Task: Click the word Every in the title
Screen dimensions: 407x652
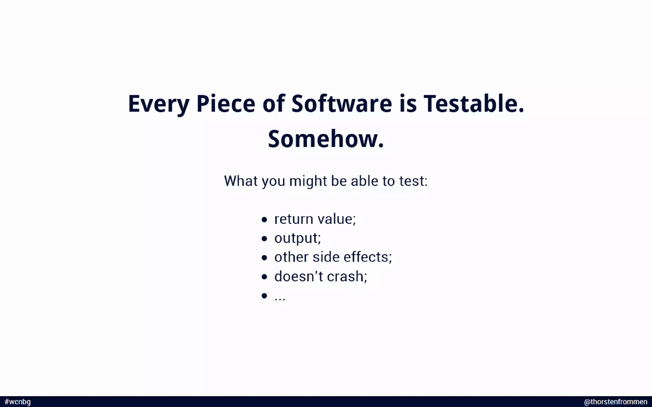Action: tap(159, 104)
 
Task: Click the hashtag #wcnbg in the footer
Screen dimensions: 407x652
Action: tap(18, 402)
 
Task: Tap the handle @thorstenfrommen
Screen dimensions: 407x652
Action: tap(615, 402)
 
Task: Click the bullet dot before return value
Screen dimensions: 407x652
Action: tap(264, 219)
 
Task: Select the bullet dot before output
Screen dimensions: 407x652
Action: tap(264, 238)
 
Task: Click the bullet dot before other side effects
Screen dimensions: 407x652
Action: tap(264, 258)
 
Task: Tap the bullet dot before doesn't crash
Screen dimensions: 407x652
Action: tap(264, 277)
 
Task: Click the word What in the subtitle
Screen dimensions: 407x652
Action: tap(241, 181)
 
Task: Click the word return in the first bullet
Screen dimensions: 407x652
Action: tap(294, 219)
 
